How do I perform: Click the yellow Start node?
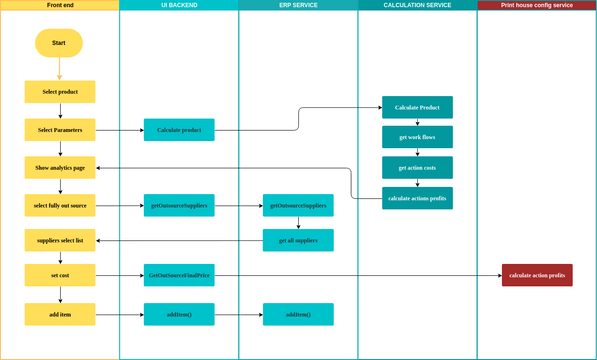[59, 43]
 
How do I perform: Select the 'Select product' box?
[59, 92]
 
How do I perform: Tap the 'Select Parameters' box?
[59, 130]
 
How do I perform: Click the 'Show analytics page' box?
[59, 168]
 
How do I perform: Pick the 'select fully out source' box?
[59, 206]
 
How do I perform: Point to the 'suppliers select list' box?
[59, 240]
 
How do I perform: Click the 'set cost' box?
[59, 275]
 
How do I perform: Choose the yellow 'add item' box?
[59, 314]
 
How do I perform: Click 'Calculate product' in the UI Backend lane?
[179, 130]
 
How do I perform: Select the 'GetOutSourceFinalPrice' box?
[179, 275]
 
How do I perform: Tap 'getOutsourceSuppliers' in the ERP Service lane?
[298, 206]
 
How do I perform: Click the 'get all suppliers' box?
[298, 240]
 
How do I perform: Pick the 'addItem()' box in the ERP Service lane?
[298, 314]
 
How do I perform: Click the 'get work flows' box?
[417, 137]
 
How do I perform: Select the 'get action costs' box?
[417, 167]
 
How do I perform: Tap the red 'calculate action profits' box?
[537, 275]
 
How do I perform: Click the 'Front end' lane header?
[59, 5]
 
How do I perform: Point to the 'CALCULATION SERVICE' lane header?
[417, 5]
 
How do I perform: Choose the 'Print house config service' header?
[537, 5]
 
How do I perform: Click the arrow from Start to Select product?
[59, 68]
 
